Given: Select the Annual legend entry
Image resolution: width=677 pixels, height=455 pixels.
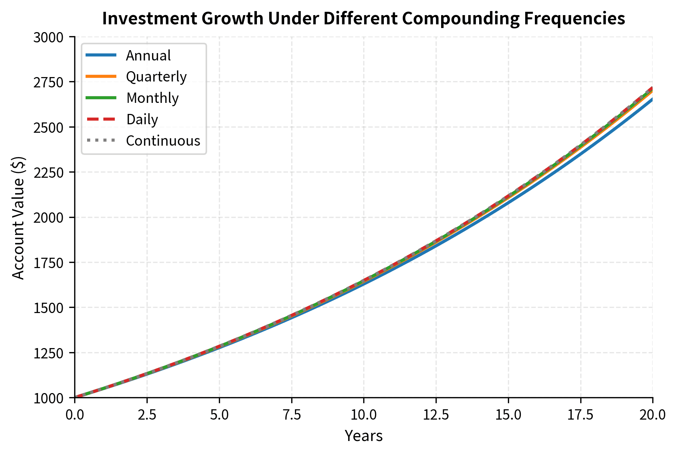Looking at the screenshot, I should (x=148, y=56).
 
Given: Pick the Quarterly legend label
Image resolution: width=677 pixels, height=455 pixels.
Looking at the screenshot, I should (x=156, y=77).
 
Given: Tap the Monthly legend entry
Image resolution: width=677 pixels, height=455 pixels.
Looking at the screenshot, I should (x=152, y=98).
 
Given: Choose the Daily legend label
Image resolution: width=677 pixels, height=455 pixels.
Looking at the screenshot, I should (x=142, y=119).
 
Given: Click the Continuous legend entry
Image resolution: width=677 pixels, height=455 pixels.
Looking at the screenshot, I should (x=163, y=141).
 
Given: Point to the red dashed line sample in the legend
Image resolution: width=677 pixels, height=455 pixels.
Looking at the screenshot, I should (x=101, y=119).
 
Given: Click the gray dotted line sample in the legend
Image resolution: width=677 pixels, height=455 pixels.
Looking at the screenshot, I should (x=101, y=141).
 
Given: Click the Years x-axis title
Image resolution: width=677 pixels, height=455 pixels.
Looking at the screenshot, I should (x=364, y=436).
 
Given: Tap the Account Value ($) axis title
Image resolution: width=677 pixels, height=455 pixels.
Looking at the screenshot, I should (x=18, y=218).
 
